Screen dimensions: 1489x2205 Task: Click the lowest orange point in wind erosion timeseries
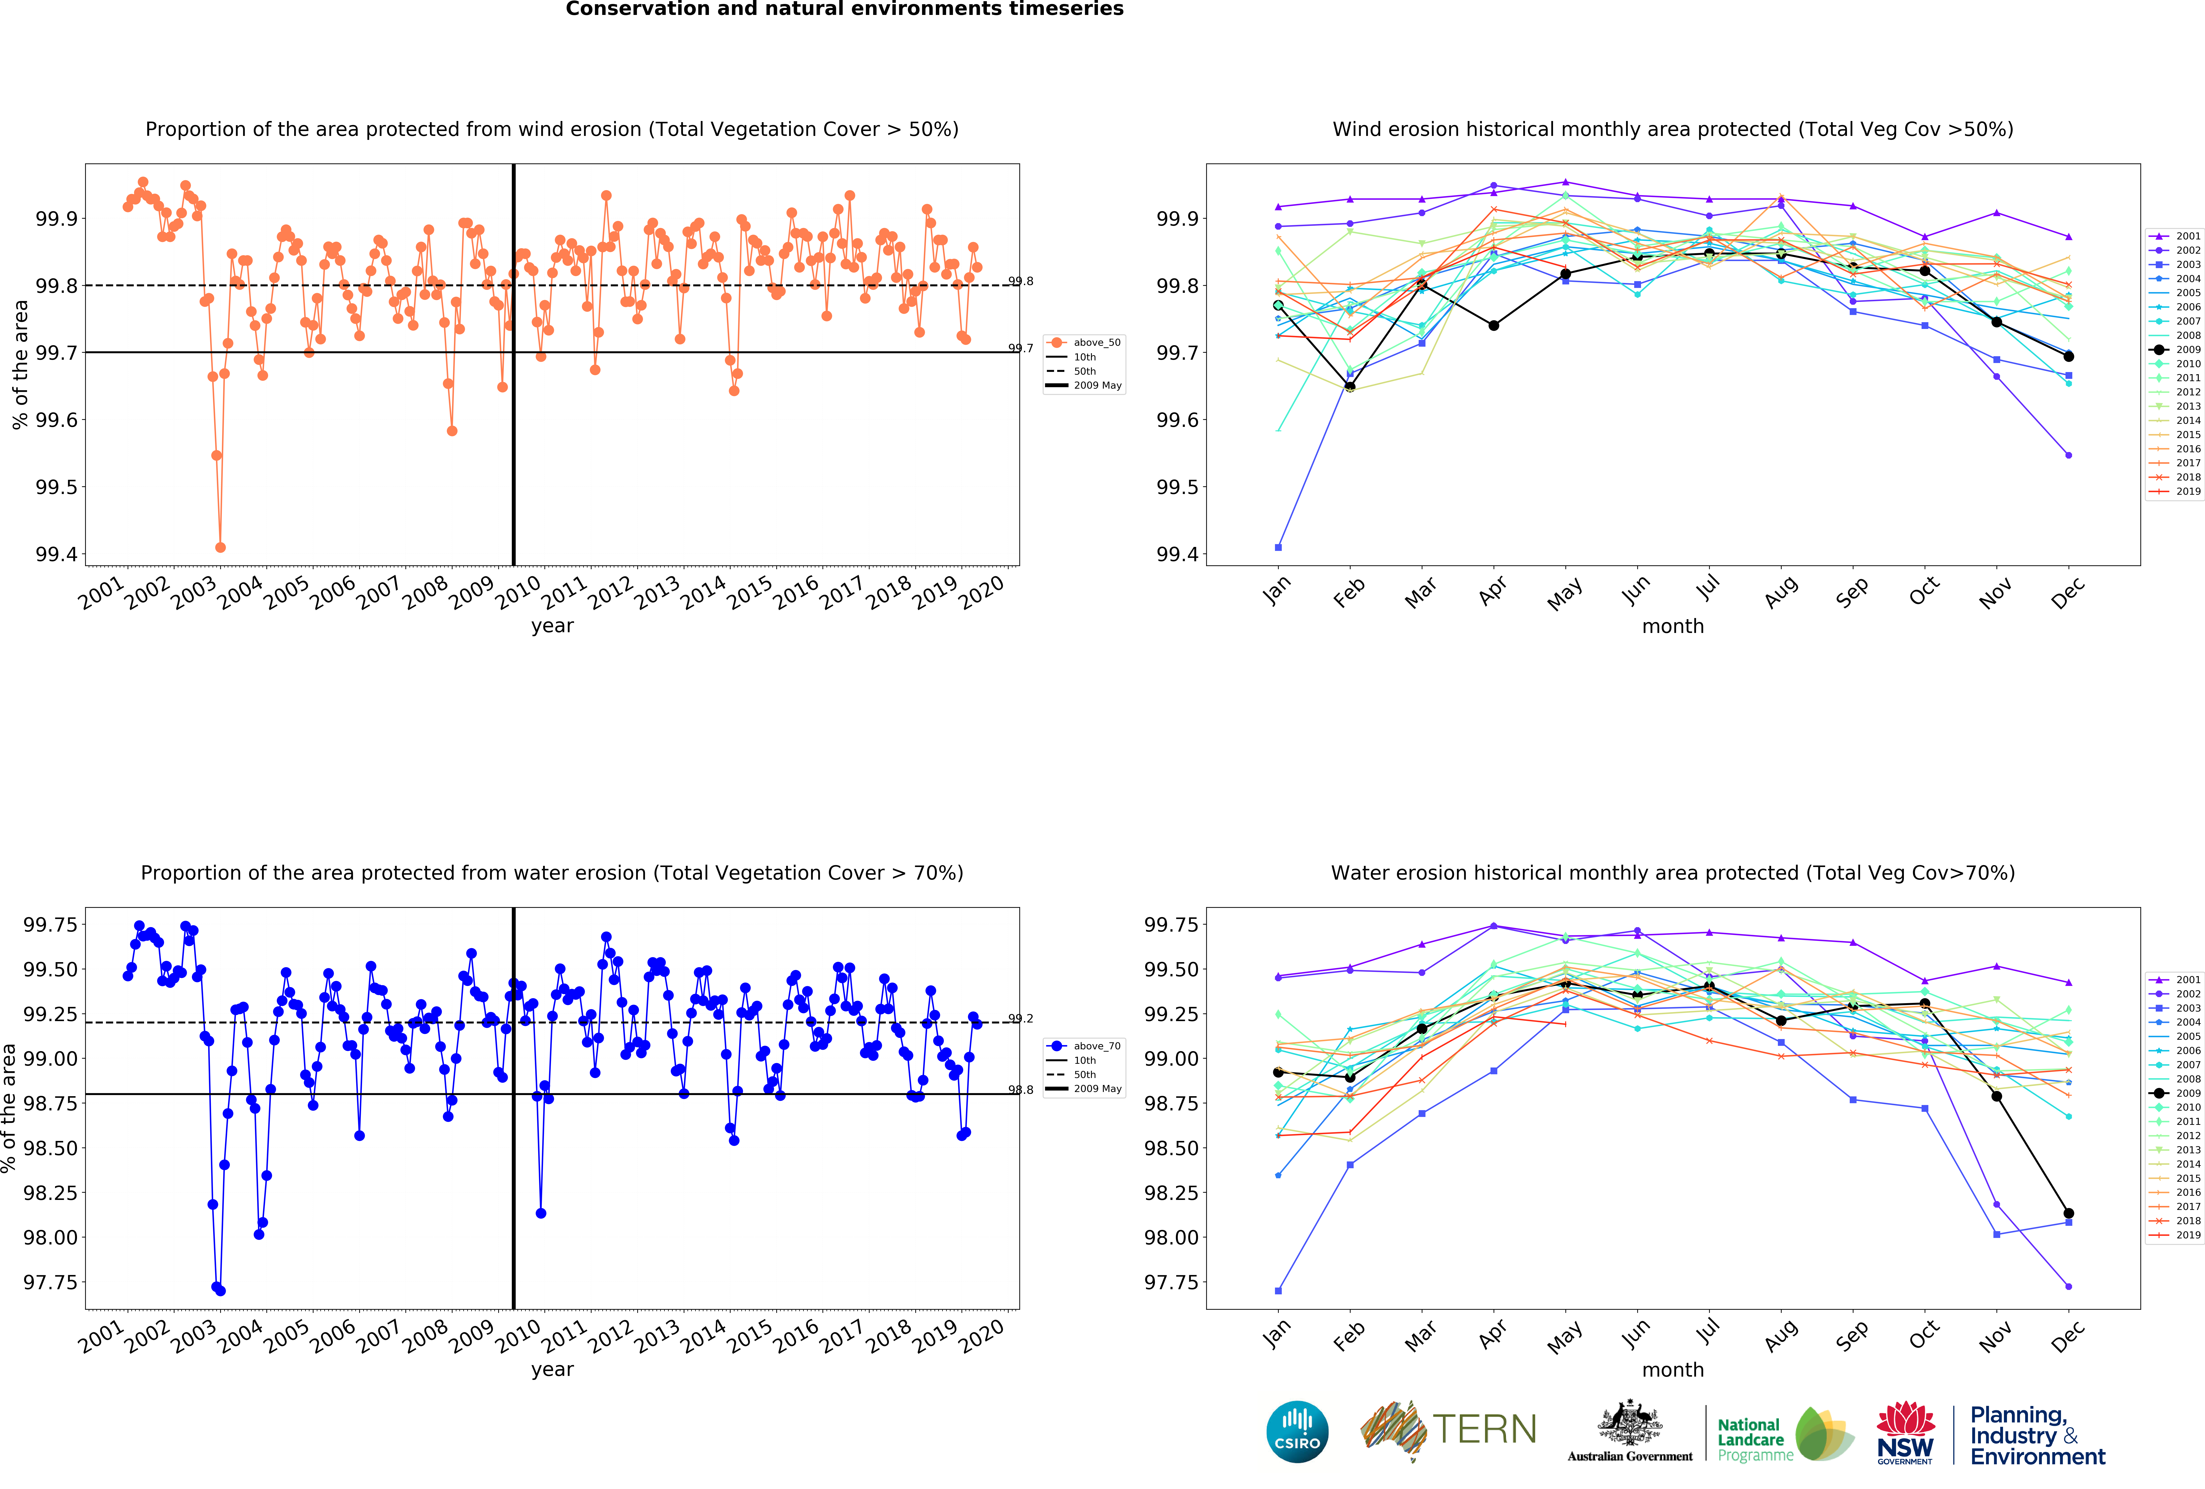click(x=220, y=547)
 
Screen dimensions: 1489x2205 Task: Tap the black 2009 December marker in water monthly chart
click(x=2068, y=1213)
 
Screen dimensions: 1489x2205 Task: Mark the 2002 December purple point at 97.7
click(x=2068, y=1287)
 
